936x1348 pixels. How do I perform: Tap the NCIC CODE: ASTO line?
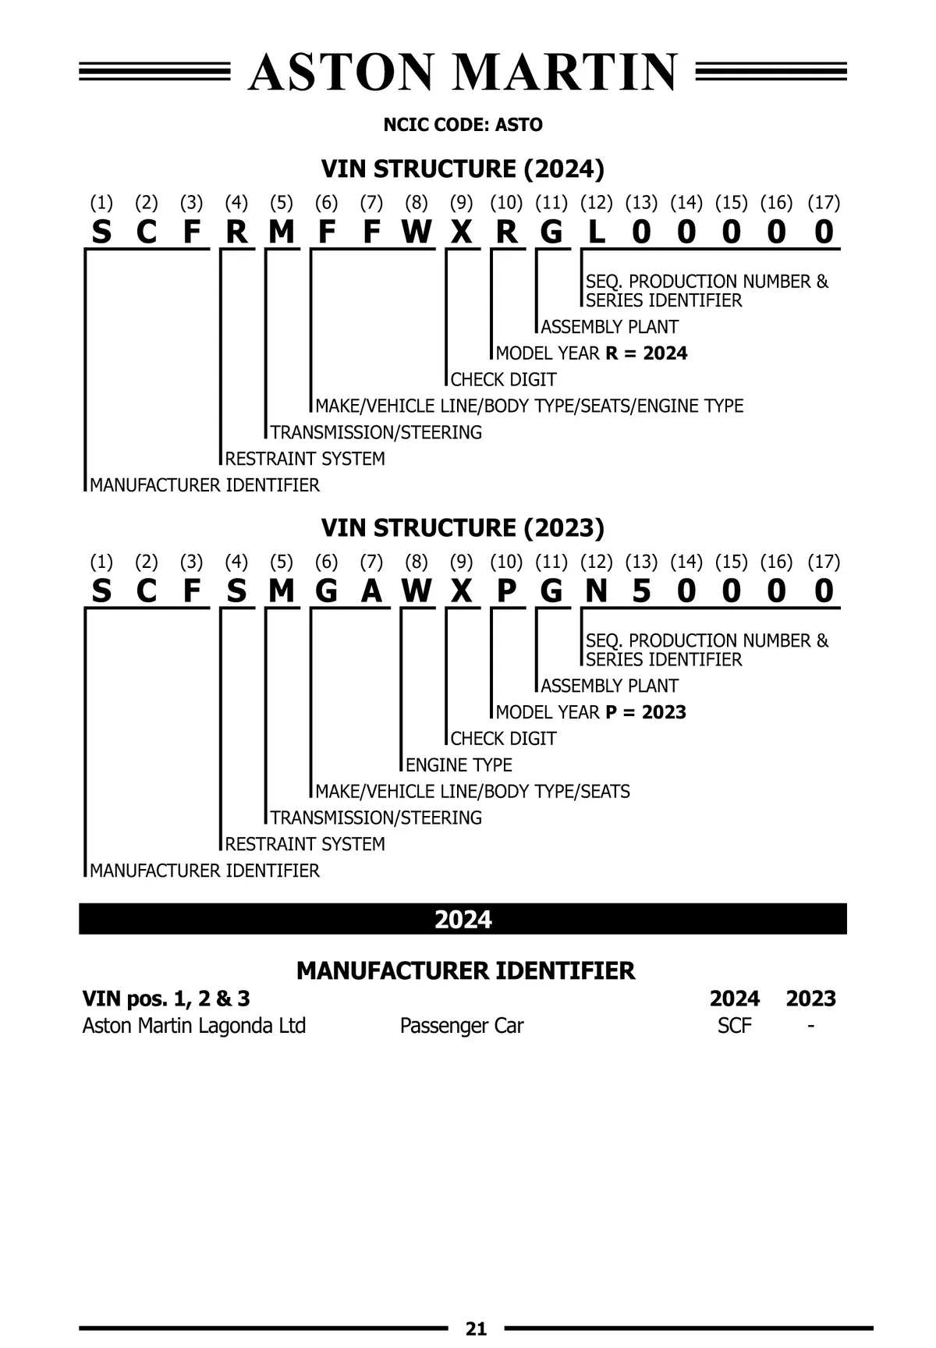pos(463,125)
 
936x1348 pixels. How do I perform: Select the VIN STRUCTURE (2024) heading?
pos(463,168)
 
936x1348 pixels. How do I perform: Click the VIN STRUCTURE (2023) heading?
pos(463,528)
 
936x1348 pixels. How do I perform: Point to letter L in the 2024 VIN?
pos(597,232)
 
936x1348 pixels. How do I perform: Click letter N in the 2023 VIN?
pos(597,592)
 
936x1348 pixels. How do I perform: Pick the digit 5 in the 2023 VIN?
pos(641,592)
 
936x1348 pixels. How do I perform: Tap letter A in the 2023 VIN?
pos(372,592)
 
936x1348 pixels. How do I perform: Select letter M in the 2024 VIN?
pos(282,232)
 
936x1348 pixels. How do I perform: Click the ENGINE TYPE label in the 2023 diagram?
pos(459,764)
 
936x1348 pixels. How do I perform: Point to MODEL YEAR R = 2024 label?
pos(591,353)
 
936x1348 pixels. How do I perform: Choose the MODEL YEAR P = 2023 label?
pos(590,712)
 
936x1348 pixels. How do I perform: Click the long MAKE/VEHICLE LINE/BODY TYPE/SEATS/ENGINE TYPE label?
pos(529,406)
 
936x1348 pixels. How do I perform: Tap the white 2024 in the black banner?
pos(463,920)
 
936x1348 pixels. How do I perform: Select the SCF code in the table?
pos(734,1026)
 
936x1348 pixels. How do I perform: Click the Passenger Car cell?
pos(461,1026)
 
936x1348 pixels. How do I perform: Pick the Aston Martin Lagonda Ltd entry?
pos(193,1026)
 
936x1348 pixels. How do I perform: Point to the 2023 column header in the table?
pos(810,999)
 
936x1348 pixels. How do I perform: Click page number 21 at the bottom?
pos(476,1328)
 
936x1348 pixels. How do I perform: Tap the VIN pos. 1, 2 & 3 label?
pos(166,999)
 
